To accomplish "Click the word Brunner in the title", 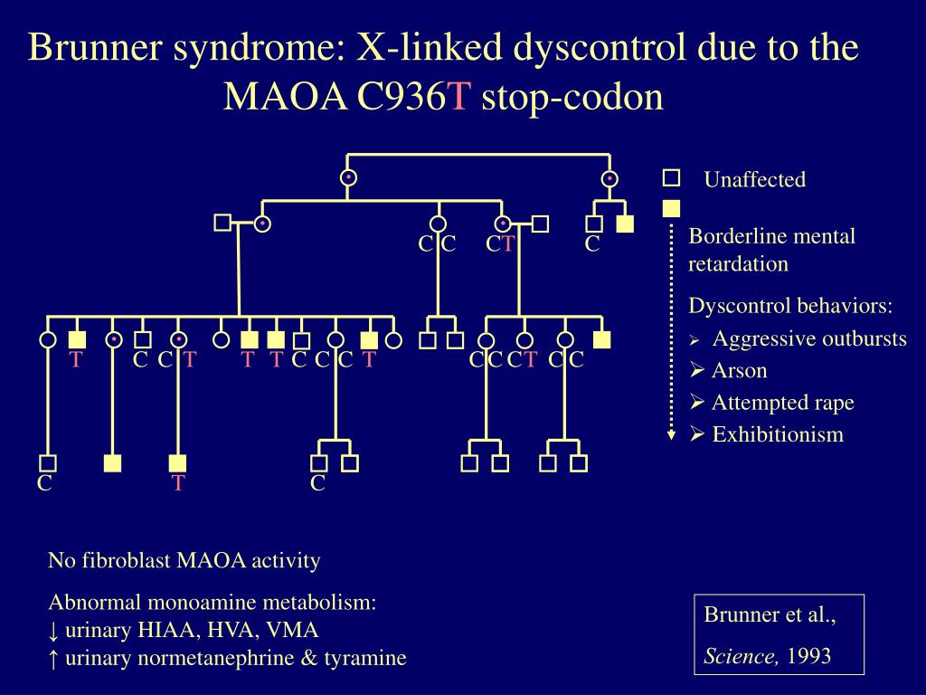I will (x=91, y=48).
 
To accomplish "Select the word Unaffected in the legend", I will (x=754, y=179).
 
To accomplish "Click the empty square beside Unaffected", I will (x=671, y=177).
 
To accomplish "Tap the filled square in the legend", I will (x=671, y=209).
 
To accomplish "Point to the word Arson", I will (x=739, y=370).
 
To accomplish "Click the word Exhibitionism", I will (x=778, y=434).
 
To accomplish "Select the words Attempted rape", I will (x=782, y=403).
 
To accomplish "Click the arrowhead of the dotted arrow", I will (x=671, y=435).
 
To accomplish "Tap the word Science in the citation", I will (x=741, y=655).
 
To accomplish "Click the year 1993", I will (x=808, y=655).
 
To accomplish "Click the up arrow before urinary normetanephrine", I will (x=53, y=658).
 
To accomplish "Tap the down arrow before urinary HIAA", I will (x=53, y=630).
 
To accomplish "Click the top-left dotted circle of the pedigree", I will (x=348, y=178).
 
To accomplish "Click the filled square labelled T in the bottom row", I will (x=178, y=463).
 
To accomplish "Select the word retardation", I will (x=738, y=264).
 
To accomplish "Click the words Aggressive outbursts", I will (x=808, y=338).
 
